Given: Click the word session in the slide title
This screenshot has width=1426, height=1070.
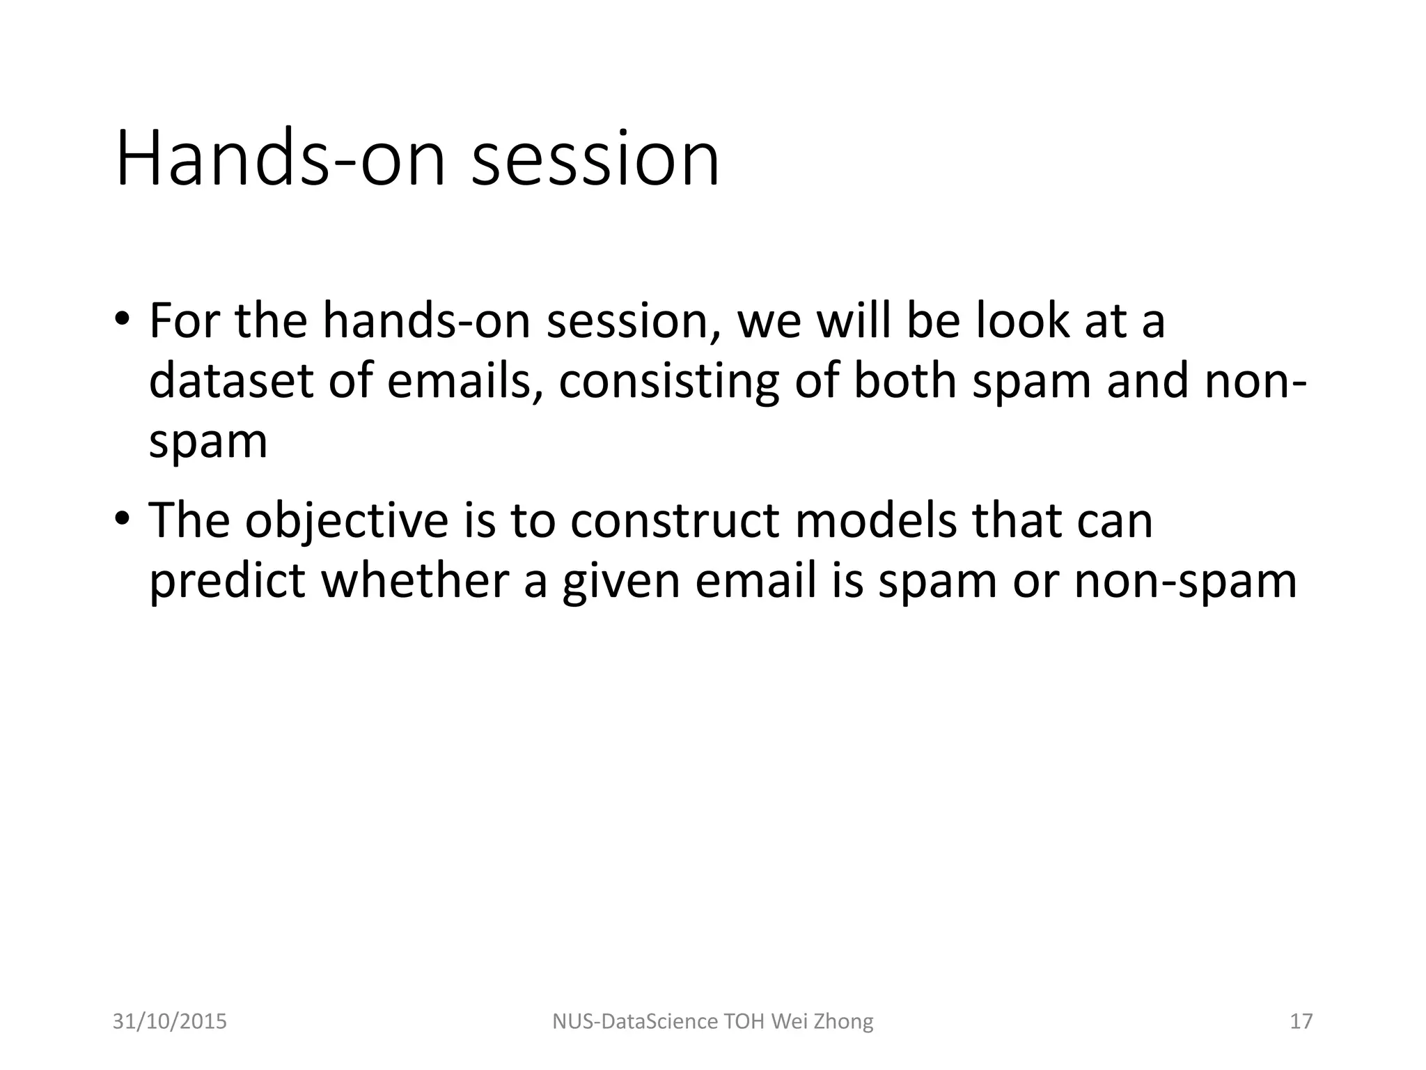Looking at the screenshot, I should pos(595,160).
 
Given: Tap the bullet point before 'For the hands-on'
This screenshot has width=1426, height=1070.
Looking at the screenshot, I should pos(123,321).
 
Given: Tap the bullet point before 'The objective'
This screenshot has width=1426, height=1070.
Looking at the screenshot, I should pos(123,520).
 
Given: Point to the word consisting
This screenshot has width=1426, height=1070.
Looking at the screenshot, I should pos(668,382).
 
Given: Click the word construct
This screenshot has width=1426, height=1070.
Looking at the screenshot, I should pos(674,520).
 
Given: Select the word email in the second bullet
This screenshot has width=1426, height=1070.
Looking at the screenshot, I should pos(755,580).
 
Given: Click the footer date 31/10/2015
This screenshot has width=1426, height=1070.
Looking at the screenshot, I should pos(170,1021).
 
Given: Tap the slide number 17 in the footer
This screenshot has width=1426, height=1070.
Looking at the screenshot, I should pos(1301,1021).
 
